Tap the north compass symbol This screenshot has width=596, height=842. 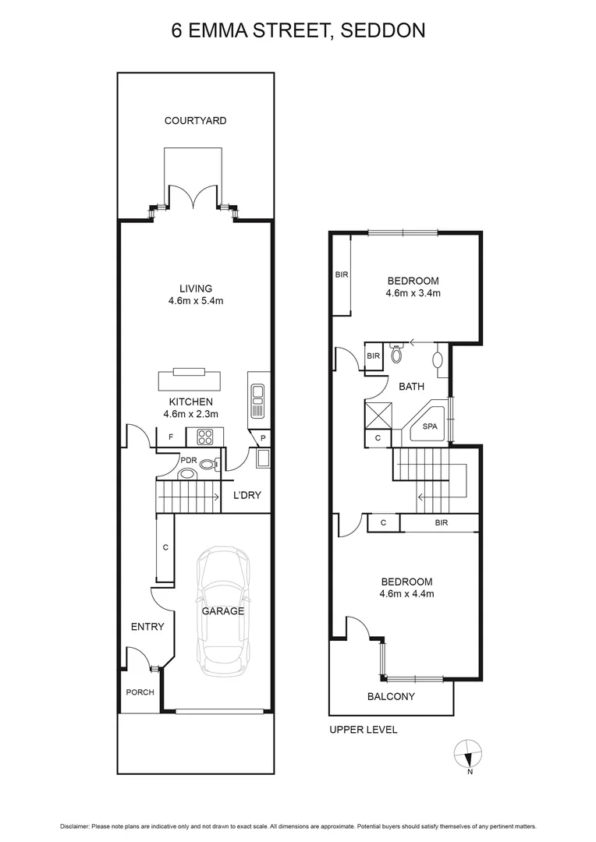point(467,754)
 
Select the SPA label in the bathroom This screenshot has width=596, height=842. point(429,426)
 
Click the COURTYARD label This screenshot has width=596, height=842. point(195,121)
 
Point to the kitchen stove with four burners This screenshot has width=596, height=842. point(206,436)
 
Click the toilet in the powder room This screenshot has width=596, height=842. point(208,465)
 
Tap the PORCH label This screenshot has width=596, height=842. point(140,692)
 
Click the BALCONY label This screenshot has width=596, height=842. point(391,696)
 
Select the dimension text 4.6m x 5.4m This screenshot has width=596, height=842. point(195,301)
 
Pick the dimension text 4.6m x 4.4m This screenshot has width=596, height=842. point(406,594)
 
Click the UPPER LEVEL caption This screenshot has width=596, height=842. point(363,730)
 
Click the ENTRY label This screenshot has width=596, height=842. point(147,627)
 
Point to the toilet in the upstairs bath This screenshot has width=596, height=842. point(396,356)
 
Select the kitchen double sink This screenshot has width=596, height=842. point(258,398)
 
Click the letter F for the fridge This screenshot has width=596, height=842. point(170,437)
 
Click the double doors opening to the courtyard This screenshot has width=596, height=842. point(195,197)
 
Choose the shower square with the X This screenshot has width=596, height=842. point(378,412)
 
